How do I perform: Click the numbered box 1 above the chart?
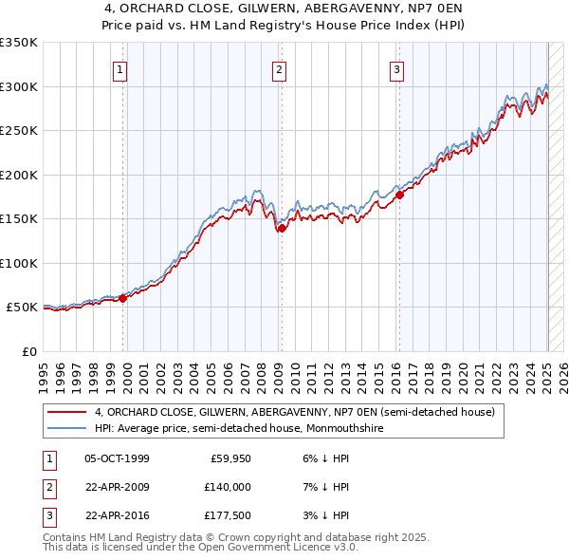click(x=122, y=68)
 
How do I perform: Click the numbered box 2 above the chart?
click(x=280, y=68)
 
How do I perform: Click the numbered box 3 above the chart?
click(x=396, y=68)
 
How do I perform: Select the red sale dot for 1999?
click(x=123, y=298)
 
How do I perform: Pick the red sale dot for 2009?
click(x=282, y=228)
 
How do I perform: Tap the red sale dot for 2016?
click(x=399, y=195)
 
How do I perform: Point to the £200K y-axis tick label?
click(x=19, y=175)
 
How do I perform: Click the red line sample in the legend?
click(x=67, y=413)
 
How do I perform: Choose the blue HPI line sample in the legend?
click(x=67, y=428)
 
